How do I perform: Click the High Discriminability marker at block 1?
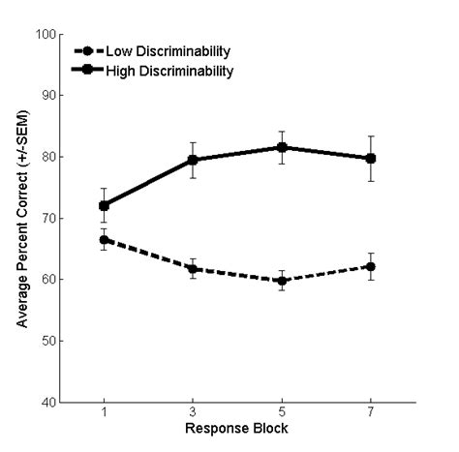click(x=104, y=205)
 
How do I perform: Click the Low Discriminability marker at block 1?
click(x=104, y=239)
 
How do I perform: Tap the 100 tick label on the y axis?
click(x=45, y=35)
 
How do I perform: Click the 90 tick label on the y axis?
click(x=47, y=96)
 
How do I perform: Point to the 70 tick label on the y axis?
click(x=47, y=218)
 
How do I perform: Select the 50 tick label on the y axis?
click(x=47, y=341)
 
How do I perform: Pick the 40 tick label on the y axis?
click(x=47, y=402)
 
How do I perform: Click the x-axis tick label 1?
click(x=104, y=414)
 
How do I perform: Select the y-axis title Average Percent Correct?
click(x=21, y=218)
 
